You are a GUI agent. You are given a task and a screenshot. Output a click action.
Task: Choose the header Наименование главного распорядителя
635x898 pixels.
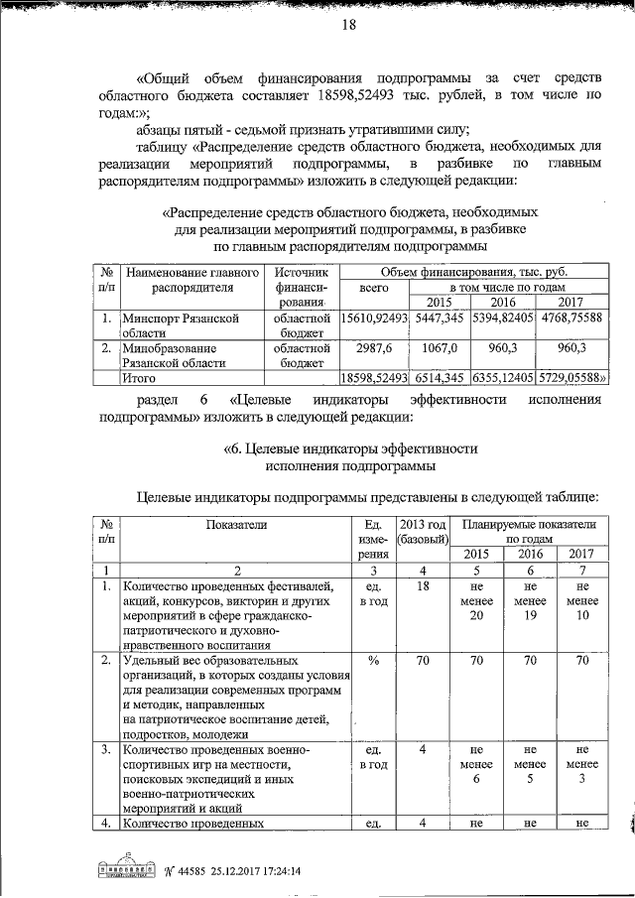tap(192, 279)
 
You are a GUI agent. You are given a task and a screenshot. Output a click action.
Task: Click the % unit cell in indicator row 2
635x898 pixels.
tap(374, 659)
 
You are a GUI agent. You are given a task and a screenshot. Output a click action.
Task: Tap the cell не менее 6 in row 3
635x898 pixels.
tap(475, 765)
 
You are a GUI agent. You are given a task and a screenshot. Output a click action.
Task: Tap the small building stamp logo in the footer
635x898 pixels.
tap(130, 868)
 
